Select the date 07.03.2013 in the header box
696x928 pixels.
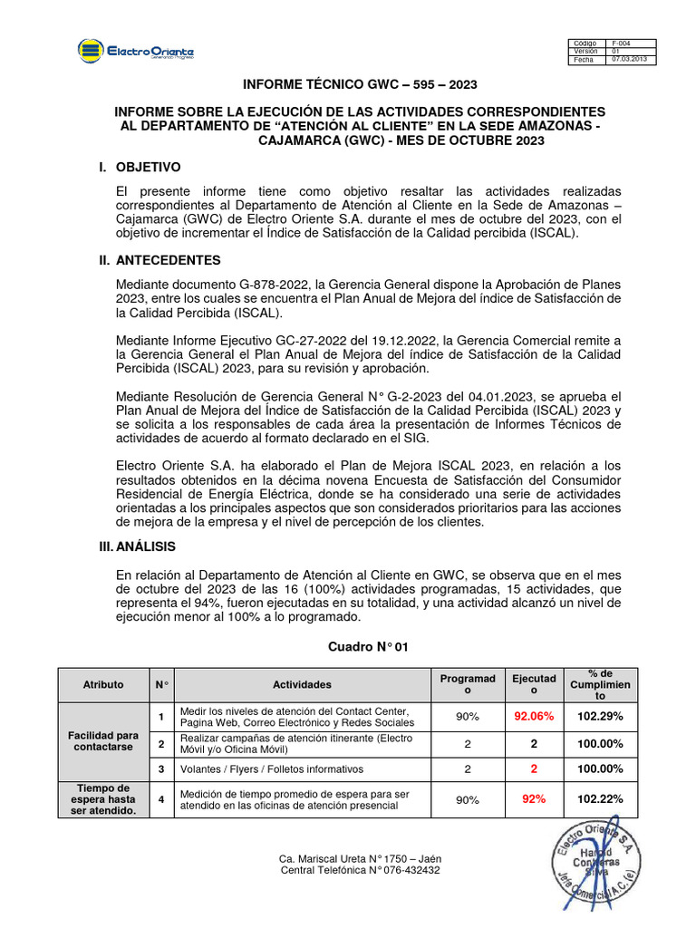point(628,60)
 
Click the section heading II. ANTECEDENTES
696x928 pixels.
point(159,260)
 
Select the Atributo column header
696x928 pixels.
point(102,685)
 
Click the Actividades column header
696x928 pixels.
point(302,685)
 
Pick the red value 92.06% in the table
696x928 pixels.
point(533,716)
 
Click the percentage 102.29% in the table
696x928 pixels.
point(598,716)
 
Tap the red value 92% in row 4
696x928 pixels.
point(533,799)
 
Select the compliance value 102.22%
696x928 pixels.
point(598,799)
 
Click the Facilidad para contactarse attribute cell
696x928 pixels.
point(102,741)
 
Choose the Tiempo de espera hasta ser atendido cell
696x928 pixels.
point(102,799)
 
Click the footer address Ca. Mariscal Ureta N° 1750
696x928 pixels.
point(360,858)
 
